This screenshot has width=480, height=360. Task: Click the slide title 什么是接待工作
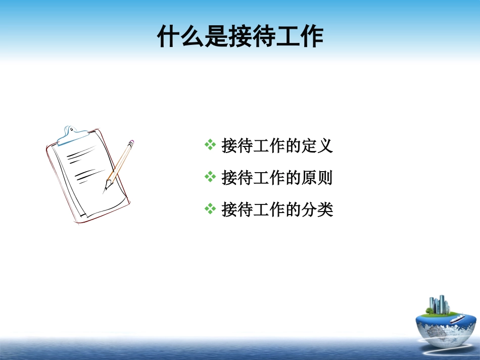pos(240,36)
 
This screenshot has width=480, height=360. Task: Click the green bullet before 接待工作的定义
pos(210,146)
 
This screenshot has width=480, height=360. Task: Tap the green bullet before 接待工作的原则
pos(210,177)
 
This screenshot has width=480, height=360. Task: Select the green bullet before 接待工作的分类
pos(210,209)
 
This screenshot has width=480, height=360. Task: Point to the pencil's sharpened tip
pos(106,189)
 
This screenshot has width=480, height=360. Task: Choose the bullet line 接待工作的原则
pos(277,177)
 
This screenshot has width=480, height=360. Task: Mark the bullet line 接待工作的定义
pos(277,146)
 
